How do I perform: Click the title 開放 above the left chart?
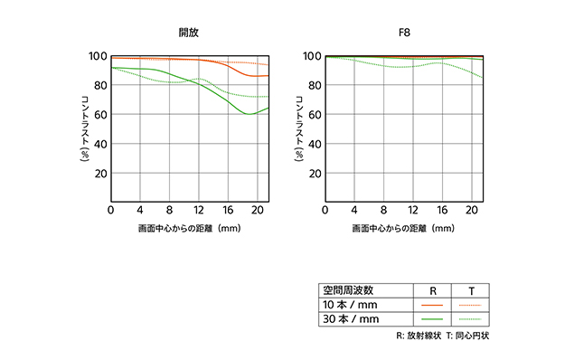[188, 33]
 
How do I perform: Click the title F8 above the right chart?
[404, 33]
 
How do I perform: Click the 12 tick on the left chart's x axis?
[199, 210]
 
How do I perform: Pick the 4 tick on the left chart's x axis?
[140, 210]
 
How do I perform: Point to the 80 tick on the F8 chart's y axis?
[315, 85]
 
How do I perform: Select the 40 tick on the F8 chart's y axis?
[315, 144]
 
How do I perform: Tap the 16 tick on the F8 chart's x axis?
[441, 210]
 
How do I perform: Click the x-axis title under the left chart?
[188, 229]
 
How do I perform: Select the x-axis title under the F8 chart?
[402, 229]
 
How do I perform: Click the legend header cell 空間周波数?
[348, 290]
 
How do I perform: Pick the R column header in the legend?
[432, 290]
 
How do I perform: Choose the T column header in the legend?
[471, 290]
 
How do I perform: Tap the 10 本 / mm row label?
[349, 305]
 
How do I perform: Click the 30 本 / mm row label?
[349, 319]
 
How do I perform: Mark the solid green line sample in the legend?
[432, 319]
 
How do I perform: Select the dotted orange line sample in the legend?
[471, 305]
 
